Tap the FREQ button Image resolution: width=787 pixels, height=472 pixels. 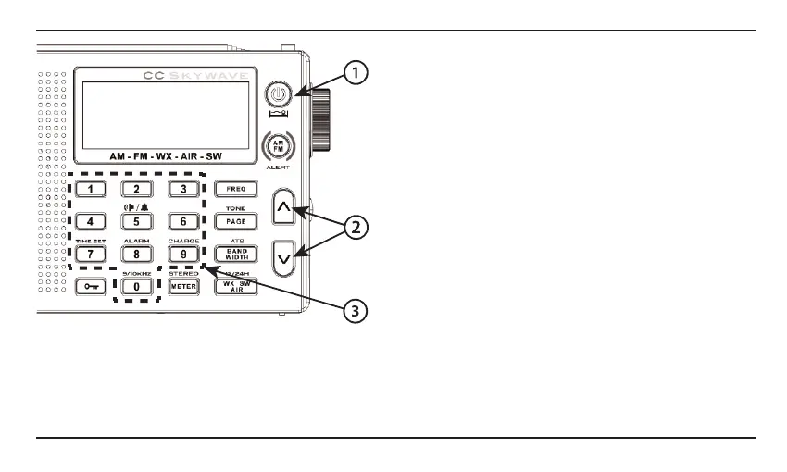pos(231,189)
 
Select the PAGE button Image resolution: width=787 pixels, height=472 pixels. pos(231,222)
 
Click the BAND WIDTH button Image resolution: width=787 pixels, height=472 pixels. pos(231,255)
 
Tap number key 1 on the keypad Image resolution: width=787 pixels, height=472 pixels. pos(91,189)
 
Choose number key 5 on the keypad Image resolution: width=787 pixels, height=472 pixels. pos(137,222)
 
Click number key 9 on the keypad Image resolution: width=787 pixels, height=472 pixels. pos(183,255)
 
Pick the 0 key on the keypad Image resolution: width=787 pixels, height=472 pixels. pos(137,287)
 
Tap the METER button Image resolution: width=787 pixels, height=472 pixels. pos(183,287)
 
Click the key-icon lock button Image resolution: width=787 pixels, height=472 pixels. pos(91,287)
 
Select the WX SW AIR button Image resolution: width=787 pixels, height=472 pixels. pos(231,287)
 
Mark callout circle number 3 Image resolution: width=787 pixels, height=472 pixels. pos(353,312)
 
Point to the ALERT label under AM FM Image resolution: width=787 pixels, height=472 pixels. pos(277,168)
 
